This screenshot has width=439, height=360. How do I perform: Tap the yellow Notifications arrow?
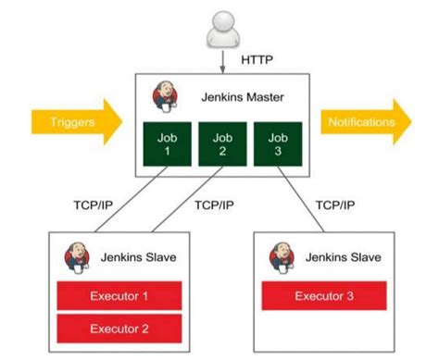pyautogui.click(x=365, y=122)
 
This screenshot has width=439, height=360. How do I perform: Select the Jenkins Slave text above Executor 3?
pyautogui.click(x=344, y=256)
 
